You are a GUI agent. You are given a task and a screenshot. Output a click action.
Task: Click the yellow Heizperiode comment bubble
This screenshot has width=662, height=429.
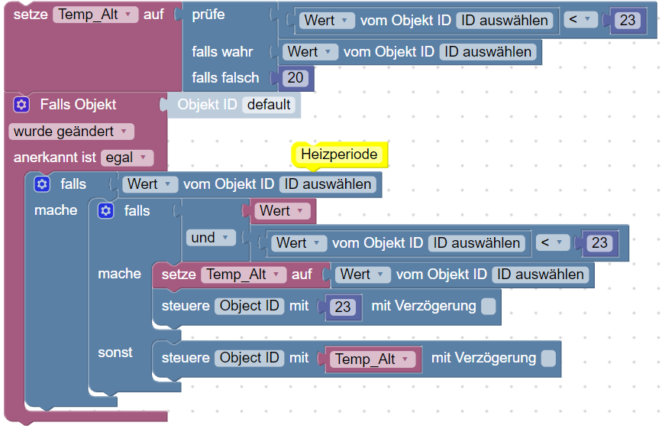pyautogui.click(x=340, y=154)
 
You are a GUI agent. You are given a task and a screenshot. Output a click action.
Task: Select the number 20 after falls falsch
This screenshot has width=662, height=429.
pyautogui.click(x=295, y=78)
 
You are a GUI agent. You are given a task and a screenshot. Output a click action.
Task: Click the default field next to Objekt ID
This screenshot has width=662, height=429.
pyautogui.click(x=269, y=105)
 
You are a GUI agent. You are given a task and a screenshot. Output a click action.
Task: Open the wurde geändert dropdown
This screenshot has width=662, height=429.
pyautogui.click(x=71, y=132)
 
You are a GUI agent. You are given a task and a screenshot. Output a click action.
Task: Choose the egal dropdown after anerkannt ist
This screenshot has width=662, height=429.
pyautogui.click(x=127, y=158)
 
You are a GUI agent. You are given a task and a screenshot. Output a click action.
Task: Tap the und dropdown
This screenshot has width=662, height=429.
pyautogui.click(x=210, y=238)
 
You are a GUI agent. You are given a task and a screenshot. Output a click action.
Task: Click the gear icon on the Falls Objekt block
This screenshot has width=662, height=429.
pyautogui.click(x=21, y=105)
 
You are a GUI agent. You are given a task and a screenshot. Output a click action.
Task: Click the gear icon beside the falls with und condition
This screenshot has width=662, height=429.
pyautogui.click(x=105, y=210)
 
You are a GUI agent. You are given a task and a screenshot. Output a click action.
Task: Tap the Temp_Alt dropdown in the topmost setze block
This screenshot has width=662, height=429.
pyautogui.click(x=95, y=15)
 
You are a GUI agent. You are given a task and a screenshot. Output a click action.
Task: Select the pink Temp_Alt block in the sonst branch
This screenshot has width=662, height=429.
pyautogui.click(x=373, y=359)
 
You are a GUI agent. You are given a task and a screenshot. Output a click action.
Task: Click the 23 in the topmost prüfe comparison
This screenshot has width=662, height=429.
pyautogui.click(x=628, y=21)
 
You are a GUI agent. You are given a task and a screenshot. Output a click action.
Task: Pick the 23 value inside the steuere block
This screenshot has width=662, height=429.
pyautogui.click(x=342, y=307)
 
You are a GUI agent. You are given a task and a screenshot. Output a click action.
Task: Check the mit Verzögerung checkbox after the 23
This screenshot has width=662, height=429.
pyautogui.click(x=489, y=307)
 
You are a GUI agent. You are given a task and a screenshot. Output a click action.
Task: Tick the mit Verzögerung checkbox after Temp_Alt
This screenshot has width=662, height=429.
pyautogui.click(x=548, y=359)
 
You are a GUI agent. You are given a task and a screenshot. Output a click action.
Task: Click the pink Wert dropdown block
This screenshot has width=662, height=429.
pyautogui.click(x=281, y=211)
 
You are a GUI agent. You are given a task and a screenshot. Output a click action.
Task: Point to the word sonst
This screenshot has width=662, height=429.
pyautogui.click(x=115, y=353)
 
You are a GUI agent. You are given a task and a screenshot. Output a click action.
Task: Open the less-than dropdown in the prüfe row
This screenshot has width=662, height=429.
pyautogui.click(x=580, y=20)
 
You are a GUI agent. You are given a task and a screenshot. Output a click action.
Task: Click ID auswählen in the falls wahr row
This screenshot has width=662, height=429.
pyautogui.click(x=488, y=51)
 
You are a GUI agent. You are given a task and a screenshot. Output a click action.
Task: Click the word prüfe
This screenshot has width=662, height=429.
pyautogui.click(x=208, y=15)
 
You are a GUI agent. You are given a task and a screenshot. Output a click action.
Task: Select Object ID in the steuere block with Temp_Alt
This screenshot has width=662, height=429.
pyautogui.click(x=249, y=358)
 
